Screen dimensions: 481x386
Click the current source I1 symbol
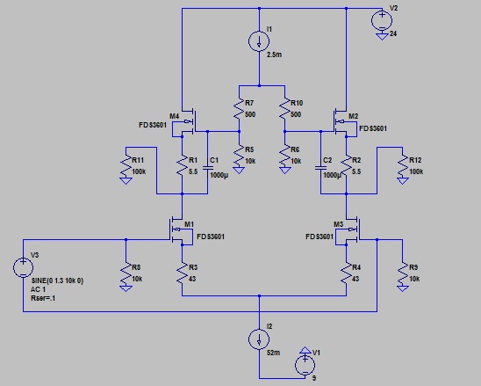259,40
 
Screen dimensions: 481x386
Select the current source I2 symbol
259,339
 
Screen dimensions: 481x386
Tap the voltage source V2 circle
382,20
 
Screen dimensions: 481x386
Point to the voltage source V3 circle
23,267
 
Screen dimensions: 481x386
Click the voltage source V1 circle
305,366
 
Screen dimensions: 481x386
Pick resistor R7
239,108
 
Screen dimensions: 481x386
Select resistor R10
284,108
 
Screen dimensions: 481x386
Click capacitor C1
208,168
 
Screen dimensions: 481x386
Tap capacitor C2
320,168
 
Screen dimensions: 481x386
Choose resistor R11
126,166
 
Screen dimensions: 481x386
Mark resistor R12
403,166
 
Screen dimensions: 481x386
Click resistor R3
182,273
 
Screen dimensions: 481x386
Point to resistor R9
403,273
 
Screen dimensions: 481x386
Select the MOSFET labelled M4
187,122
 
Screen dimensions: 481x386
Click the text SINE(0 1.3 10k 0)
57,280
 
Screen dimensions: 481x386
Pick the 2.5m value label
274,55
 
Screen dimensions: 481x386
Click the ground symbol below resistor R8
126,288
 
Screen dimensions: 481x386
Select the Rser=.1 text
43,298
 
